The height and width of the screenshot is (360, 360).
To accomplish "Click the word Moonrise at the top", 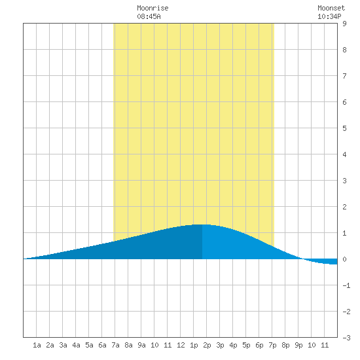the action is [153, 8].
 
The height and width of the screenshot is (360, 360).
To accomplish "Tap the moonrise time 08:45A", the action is [149, 16].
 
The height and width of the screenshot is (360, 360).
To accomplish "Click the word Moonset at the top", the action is [331, 8].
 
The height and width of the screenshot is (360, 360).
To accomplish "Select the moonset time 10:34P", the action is [329, 16].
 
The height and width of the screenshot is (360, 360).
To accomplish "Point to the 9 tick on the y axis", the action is [344, 24].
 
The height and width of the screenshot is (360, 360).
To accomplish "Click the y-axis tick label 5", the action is [344, 128].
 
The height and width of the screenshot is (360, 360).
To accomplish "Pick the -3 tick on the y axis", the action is [346, 338].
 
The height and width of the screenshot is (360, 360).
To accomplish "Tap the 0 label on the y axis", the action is [344, 259].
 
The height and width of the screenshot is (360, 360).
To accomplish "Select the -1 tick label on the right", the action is [346, 285].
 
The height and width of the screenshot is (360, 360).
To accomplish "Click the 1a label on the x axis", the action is [37, 345].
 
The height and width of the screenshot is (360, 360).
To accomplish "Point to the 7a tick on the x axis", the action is [115, 345].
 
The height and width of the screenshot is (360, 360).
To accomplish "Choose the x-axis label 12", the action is [181, 345].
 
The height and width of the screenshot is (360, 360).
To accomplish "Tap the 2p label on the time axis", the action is [207, 345].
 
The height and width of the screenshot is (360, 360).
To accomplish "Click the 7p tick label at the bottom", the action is [272, 345].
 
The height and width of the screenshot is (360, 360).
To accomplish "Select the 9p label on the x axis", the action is [298, 345].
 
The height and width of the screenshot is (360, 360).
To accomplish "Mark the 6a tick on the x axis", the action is [102, 345].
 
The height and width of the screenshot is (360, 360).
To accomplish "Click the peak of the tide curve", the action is [202, 225].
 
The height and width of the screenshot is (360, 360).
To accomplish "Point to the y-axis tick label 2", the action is [344, 207].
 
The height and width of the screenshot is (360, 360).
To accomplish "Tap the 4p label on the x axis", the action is [233, 345].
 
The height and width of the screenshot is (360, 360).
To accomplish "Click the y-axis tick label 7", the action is [344, 76].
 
